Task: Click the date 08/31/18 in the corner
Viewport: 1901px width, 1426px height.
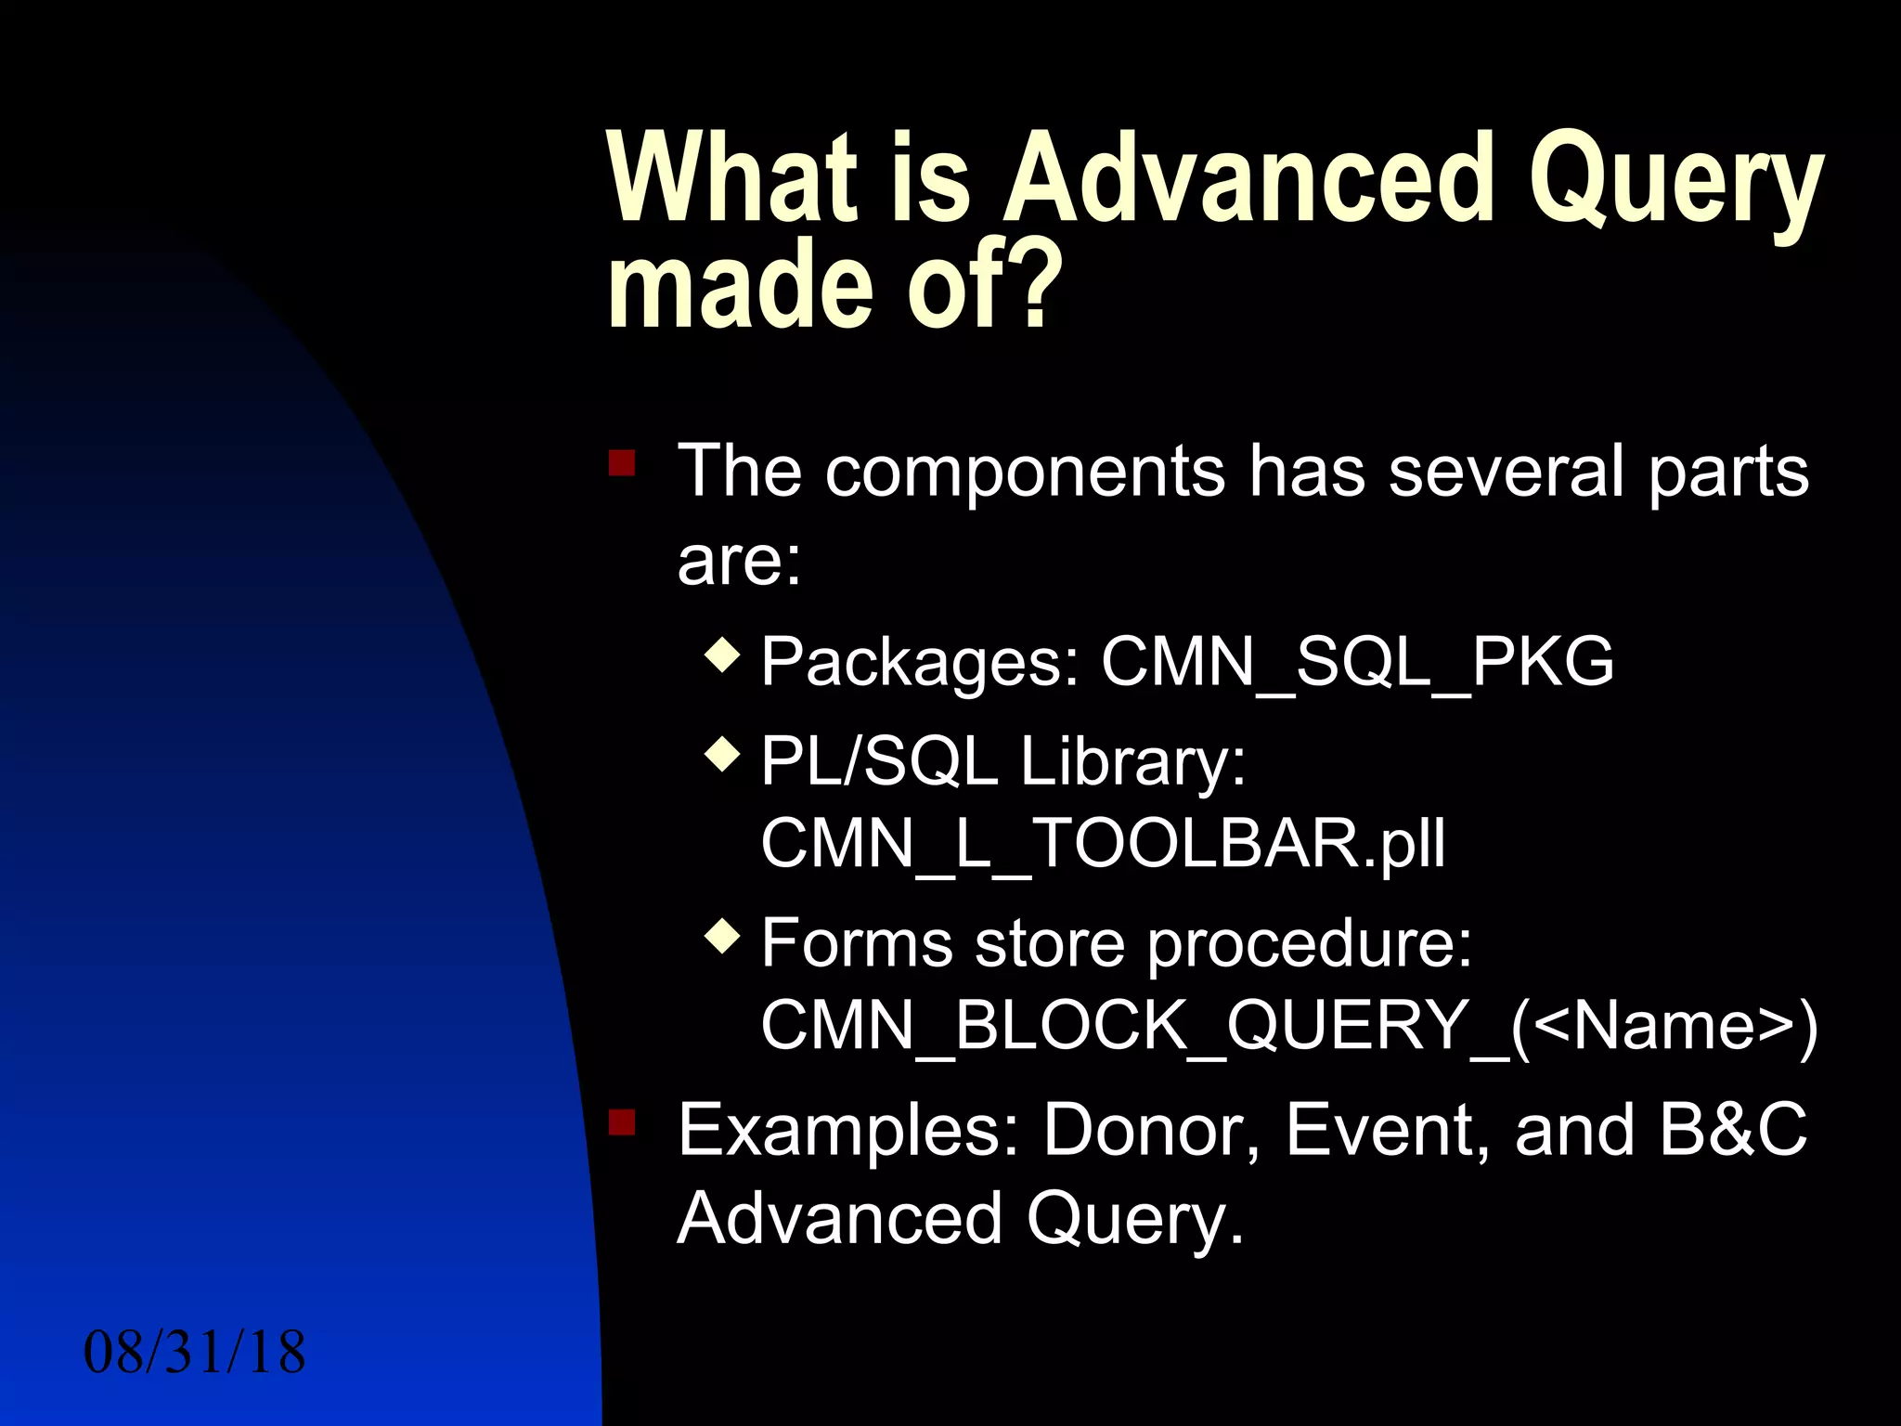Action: point(194,1353)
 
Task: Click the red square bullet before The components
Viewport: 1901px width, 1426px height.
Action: point(622,462)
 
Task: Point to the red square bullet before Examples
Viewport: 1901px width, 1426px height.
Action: point(622,1122)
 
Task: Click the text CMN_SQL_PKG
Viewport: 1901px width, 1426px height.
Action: point(1357,662)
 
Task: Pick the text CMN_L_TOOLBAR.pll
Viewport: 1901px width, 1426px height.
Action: point(1103,843)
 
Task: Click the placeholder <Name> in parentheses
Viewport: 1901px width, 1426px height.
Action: point(1664,1026)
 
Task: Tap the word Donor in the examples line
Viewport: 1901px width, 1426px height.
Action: point(1151,1130)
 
